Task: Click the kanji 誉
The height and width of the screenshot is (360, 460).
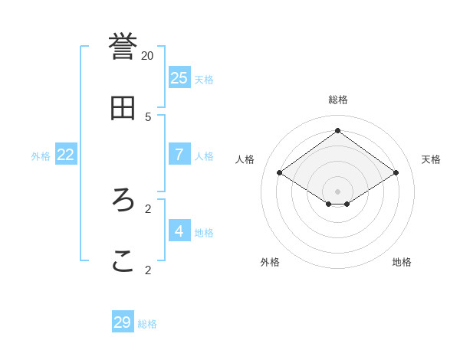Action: pos(123,45)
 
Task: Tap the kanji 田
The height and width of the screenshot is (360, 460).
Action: pos(123,108)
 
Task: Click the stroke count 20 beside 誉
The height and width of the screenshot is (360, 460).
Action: pos(147,55)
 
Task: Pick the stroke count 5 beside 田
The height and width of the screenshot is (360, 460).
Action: pos(148,116)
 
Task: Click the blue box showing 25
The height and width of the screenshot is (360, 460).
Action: pos(179,77)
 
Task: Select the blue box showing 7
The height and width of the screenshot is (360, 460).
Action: pos(179,154)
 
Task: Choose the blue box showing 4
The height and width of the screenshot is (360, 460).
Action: pos(179,231)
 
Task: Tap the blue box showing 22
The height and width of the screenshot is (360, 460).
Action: pos(66,154)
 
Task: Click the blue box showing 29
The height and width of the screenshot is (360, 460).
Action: pos(123,322)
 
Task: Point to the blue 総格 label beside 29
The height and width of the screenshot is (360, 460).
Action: pos(147,324)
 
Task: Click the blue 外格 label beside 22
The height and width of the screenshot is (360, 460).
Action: pos(41,156)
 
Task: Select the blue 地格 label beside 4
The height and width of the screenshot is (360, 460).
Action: pos(204,233)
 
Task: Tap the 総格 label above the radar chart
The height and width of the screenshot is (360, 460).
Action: pos(337,100)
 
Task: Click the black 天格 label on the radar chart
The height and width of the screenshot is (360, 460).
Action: pos(431,159)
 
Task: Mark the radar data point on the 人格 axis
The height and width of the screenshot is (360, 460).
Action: pos(280,173)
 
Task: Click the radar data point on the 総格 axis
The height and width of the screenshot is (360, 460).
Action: pos(337,130)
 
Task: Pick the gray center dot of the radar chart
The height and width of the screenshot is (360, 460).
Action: pos(337,191)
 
